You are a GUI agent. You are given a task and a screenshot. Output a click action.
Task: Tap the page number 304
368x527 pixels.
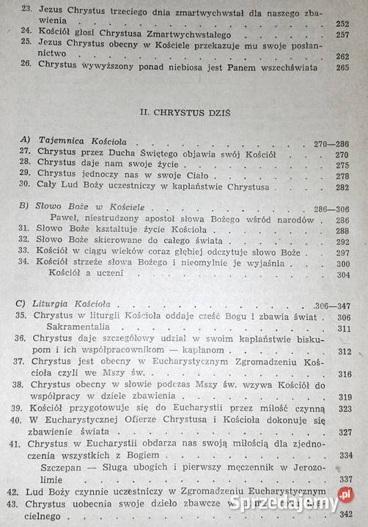338,274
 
